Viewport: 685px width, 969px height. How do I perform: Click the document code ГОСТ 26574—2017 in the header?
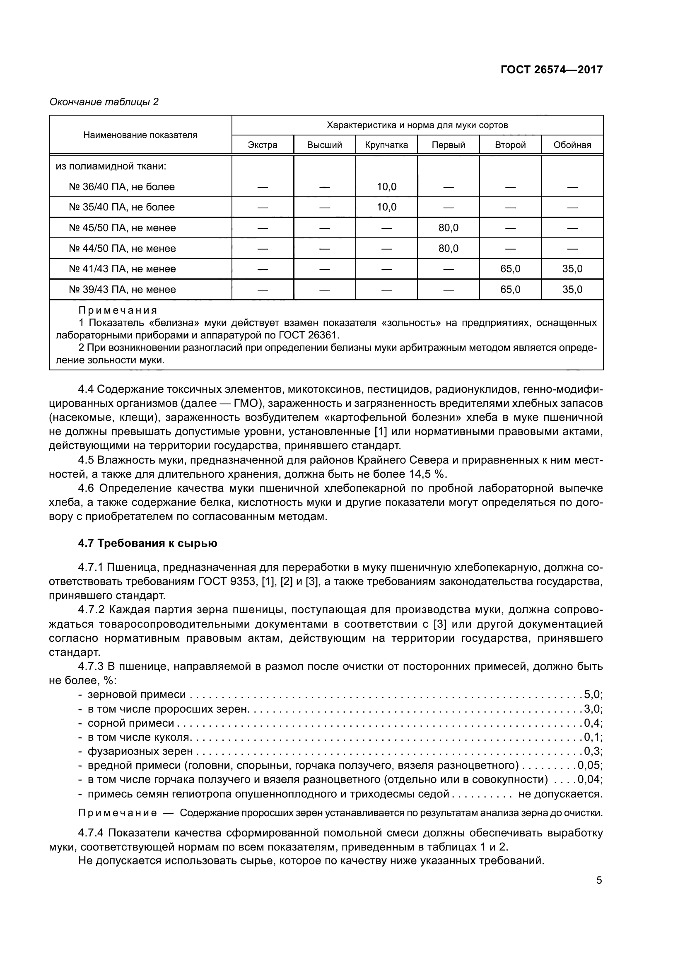[551, 70]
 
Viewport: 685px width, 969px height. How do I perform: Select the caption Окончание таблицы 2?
[104, 102]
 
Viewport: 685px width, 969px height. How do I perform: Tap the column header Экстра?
[262, 145]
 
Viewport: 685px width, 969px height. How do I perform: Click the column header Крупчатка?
[386, 145]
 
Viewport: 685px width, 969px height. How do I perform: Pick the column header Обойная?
[572, 145]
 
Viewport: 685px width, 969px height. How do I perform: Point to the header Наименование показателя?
[140, 135]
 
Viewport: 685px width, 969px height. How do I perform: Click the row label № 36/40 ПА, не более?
[121, 186]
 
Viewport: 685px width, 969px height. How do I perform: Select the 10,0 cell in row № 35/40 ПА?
[386, 207]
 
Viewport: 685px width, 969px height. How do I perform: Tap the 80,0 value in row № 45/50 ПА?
[449, 228]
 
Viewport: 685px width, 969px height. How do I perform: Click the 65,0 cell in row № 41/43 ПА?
[510, 269]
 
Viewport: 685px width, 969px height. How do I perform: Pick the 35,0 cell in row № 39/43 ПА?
[572, 290]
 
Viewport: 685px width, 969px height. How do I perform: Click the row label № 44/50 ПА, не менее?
[122, 249]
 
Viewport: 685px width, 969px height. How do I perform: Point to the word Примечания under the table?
[118, 311]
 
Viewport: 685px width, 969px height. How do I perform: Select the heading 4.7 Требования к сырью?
[147, 543]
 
